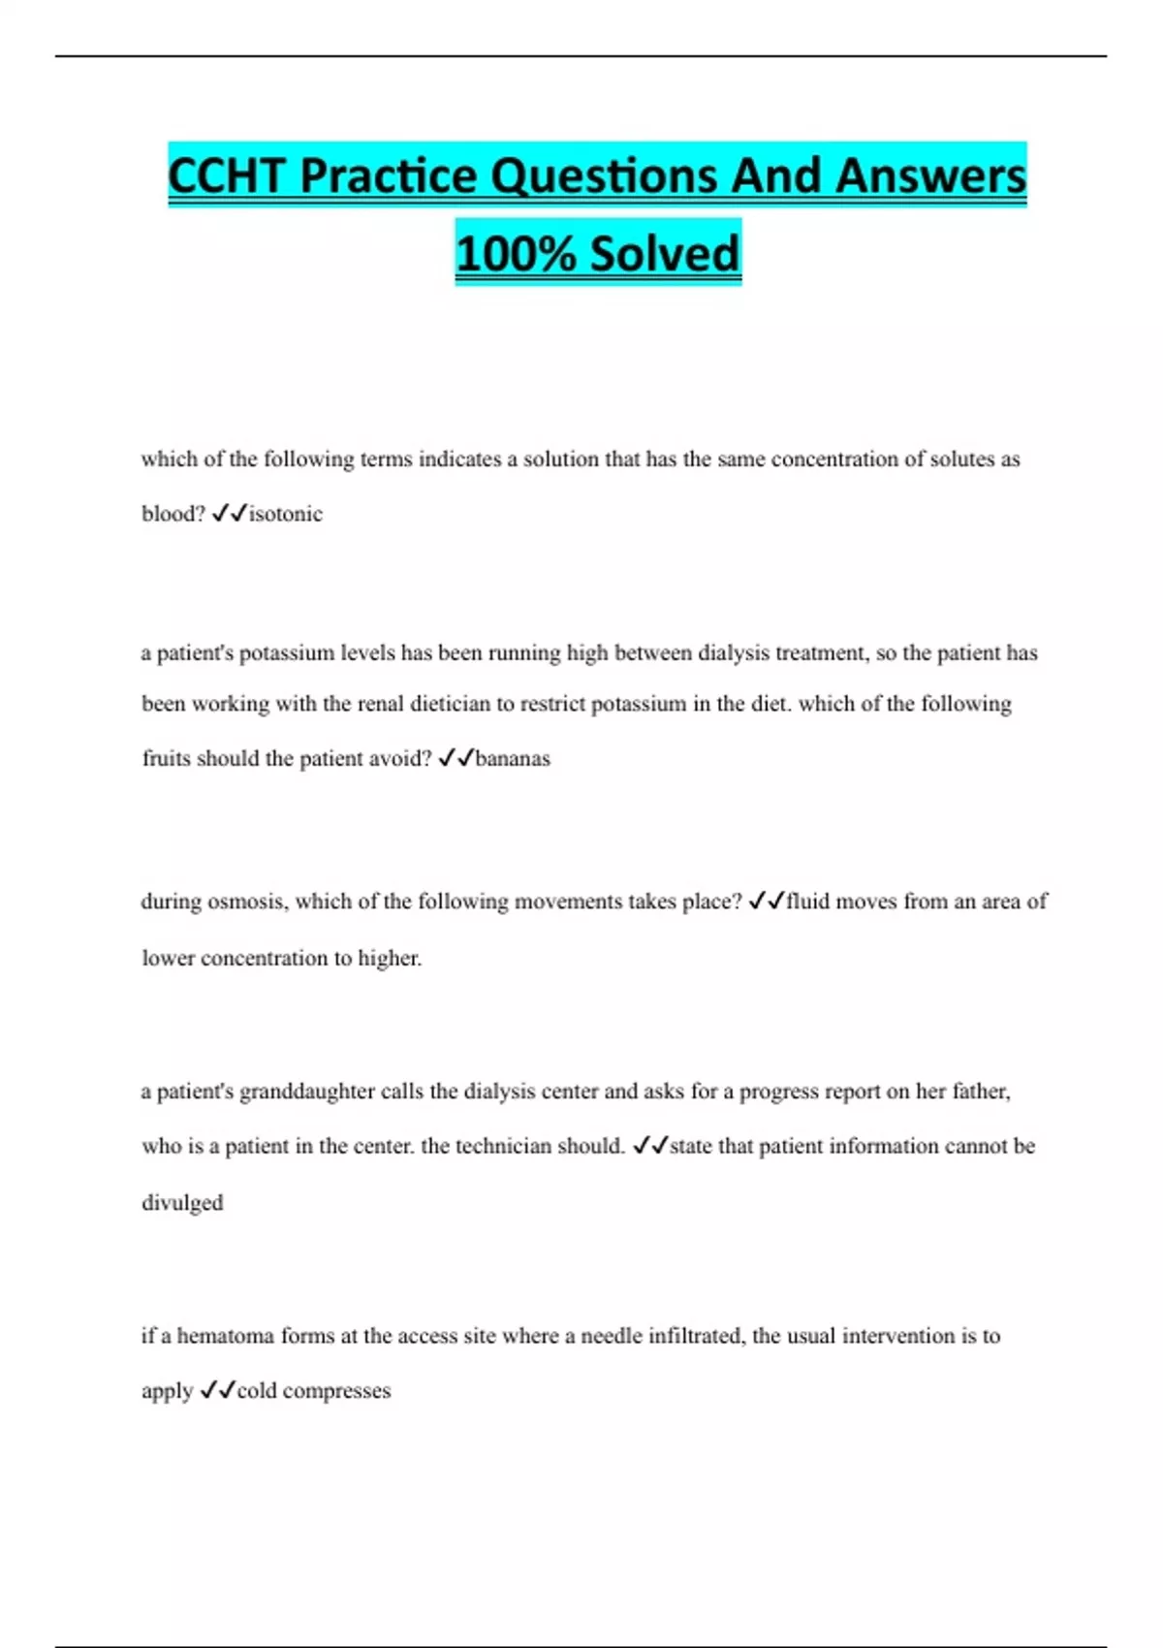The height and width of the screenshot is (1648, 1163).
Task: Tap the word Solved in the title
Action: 665,254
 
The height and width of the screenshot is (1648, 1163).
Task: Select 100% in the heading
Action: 516,254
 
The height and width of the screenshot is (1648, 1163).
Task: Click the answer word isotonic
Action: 286,514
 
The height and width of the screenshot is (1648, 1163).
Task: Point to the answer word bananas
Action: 513,758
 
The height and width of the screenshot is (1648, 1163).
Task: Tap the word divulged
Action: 182,1203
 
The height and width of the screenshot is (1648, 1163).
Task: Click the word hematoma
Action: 226,1336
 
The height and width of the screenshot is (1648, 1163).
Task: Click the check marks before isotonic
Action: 229,514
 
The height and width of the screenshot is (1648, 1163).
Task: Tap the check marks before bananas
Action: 456,758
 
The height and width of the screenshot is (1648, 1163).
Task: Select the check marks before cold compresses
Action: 217,1391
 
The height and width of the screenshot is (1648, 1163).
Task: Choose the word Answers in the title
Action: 930,176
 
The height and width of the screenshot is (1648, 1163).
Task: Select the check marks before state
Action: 650,1146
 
